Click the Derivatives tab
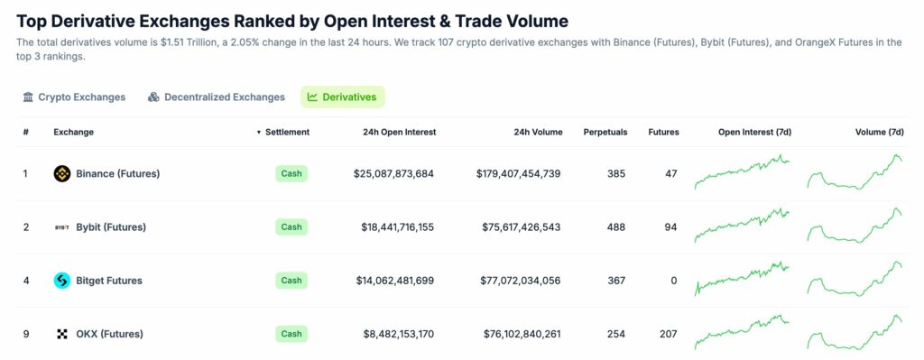[343, 97]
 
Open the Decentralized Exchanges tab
[217, 97]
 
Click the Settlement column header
[286, 132]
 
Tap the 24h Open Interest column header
[399, 132]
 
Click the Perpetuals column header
[605, 132]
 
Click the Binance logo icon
[62, 173]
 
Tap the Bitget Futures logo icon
[62, 281]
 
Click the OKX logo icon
[62, 334]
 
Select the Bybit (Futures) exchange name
[111, 227]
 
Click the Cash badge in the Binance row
[291, 173]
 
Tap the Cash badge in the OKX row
[291, 334]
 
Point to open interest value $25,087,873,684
[393, 173]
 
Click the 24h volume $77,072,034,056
[518, 281]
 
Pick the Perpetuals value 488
[615, 227]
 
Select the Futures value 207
[669, 334]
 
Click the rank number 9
[26, 334]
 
